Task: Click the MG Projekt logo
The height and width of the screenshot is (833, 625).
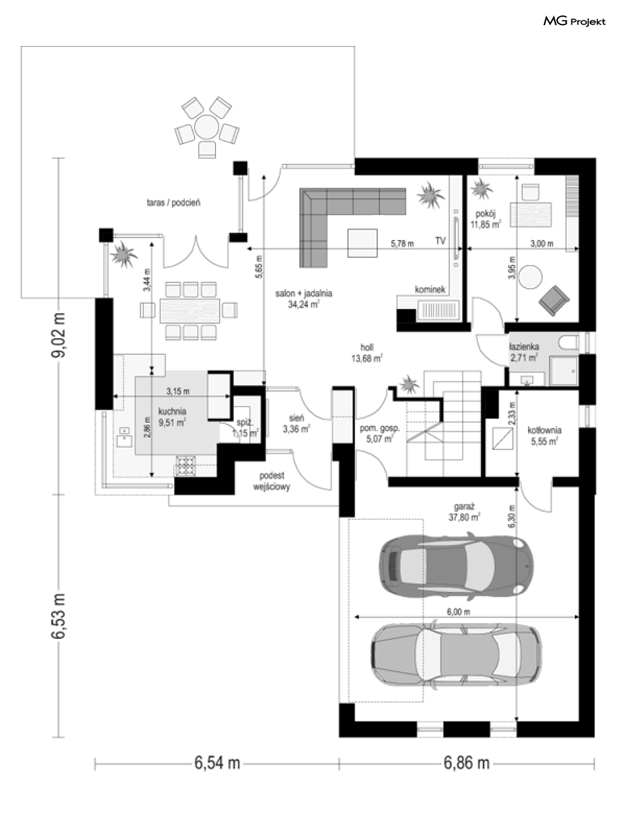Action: point(574,21)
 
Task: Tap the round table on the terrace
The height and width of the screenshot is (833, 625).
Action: point(207,127)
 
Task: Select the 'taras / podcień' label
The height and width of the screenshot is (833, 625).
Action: point(173,202)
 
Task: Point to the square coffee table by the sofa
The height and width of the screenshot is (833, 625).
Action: point(362,243)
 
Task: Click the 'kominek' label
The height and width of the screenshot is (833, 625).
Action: point(430,289)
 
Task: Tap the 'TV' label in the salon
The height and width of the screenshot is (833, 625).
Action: point(440,241)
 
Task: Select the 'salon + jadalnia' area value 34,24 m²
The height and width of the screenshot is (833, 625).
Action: point(304,304)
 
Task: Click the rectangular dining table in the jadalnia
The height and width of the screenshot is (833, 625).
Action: point(190,310)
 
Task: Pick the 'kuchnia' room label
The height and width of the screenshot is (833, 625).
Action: point(172,411)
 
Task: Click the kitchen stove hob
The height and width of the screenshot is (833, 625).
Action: point(186,466)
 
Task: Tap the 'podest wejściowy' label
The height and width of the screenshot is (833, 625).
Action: point(272,481)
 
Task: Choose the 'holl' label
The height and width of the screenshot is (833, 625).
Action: point(367,347)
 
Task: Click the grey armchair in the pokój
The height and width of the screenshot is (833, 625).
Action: point(554,301)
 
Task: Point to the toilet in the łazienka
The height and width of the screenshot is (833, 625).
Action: point(568,342)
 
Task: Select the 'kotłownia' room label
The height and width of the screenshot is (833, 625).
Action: point(544,430)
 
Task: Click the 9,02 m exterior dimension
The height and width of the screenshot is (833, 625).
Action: point(59,335)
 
